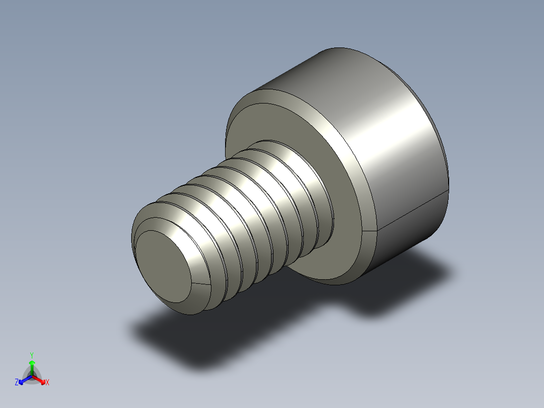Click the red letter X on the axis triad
point(47,383)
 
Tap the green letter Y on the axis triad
point(31,355)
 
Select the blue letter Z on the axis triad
point(17,383)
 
